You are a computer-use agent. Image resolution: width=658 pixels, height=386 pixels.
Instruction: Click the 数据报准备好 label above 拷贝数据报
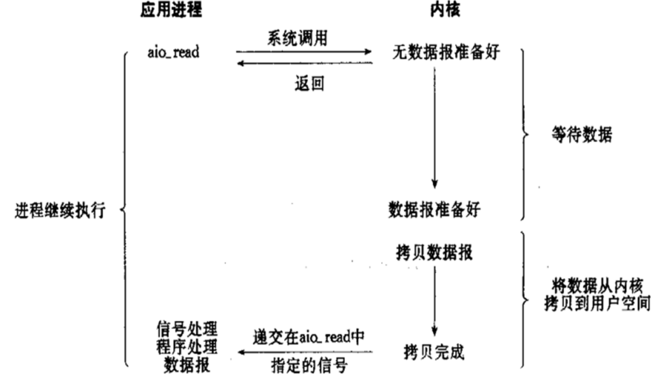tap(434, 209)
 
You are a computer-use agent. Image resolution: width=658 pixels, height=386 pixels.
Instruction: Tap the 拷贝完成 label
tap(434, 353)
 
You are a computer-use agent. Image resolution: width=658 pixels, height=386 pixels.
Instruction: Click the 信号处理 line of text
tap(188, 329)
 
